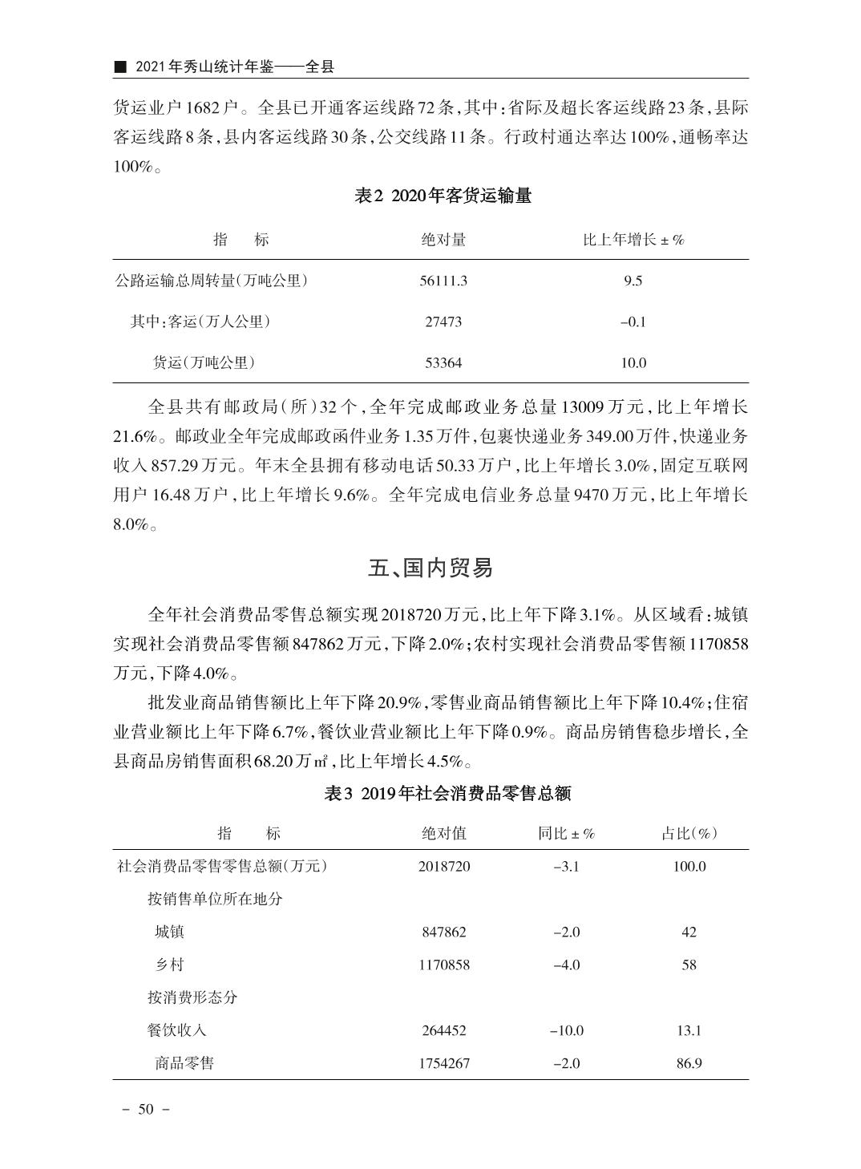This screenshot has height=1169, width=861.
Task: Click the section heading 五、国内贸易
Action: click(x=430, y=568)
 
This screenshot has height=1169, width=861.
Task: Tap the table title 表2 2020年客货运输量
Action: click(x=443, y=196)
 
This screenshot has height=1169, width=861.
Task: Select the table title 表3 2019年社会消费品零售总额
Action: click(x=447, y=794)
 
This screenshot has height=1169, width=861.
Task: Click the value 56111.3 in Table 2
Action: click(x=443, y=281)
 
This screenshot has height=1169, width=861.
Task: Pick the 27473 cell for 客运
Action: click(x=443, y=322)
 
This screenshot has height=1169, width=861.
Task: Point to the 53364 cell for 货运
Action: click(x=443, y=362)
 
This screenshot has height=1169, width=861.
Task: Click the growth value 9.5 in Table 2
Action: click(x=633, y=281)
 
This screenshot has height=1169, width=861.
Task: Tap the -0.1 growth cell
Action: click(x=633, y=322)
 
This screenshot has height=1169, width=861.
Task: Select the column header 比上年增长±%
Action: click(x=633, y=240)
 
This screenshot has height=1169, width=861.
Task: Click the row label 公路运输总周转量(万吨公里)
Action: click(x=212, y=281)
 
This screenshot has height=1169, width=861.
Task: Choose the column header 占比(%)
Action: click(x=689, y=833)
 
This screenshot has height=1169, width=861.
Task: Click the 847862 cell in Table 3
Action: click(x=443, y=932)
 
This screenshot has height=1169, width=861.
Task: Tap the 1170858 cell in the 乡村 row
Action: click(x=443, y=965)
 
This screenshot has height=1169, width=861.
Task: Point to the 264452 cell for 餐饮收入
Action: click(x=443, y=1030)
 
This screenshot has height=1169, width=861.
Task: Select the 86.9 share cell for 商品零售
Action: click(x=689, y=1063)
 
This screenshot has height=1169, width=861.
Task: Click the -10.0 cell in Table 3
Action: click(x=566, y=1030)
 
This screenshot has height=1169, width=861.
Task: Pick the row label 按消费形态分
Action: click(x=192, y=997)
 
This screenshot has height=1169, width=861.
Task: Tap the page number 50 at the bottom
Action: click(x=145, y=1110)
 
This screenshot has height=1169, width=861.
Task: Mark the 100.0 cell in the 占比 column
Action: click(x=689, y=866)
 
